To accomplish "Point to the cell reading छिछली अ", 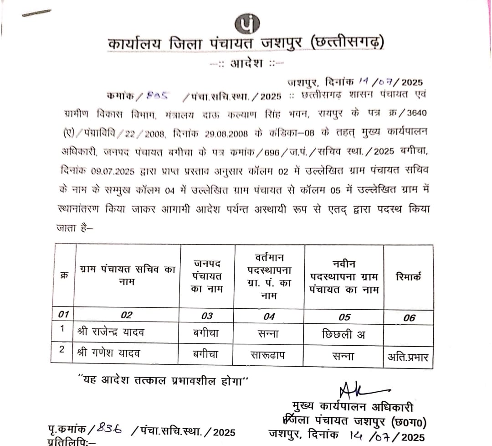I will [x=343, y=334].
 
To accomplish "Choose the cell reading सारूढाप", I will [x=269, y=354].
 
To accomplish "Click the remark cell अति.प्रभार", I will [x=408, y=357].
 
